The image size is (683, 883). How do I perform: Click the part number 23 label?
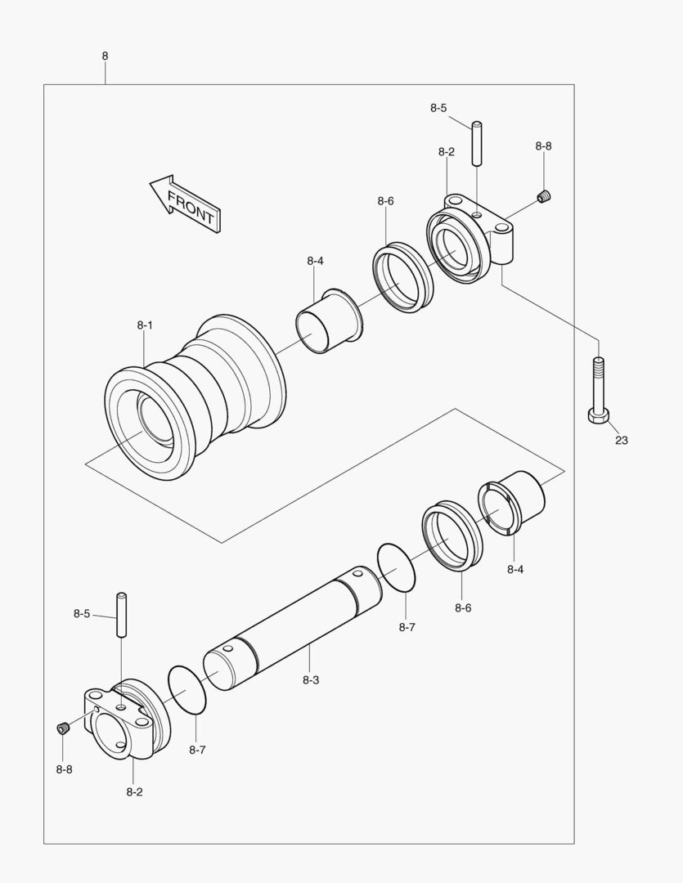(x=621, y=440)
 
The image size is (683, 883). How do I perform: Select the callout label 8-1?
(x=145, y=325)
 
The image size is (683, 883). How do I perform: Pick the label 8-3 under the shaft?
(x=311, y=679)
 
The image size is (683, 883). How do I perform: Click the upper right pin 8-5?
(x=478, y=144)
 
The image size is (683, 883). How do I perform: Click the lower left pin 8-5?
(x=122, y=615)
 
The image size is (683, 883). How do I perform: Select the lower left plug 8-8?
(x=64, y=728)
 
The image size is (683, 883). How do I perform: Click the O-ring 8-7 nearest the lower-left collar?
(x=186, y=689)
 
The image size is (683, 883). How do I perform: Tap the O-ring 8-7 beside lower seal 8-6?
(x=398, y=567)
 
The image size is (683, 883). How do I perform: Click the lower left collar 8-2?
(x=127, y=720)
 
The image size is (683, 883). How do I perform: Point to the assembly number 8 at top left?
(x=105, y=56)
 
